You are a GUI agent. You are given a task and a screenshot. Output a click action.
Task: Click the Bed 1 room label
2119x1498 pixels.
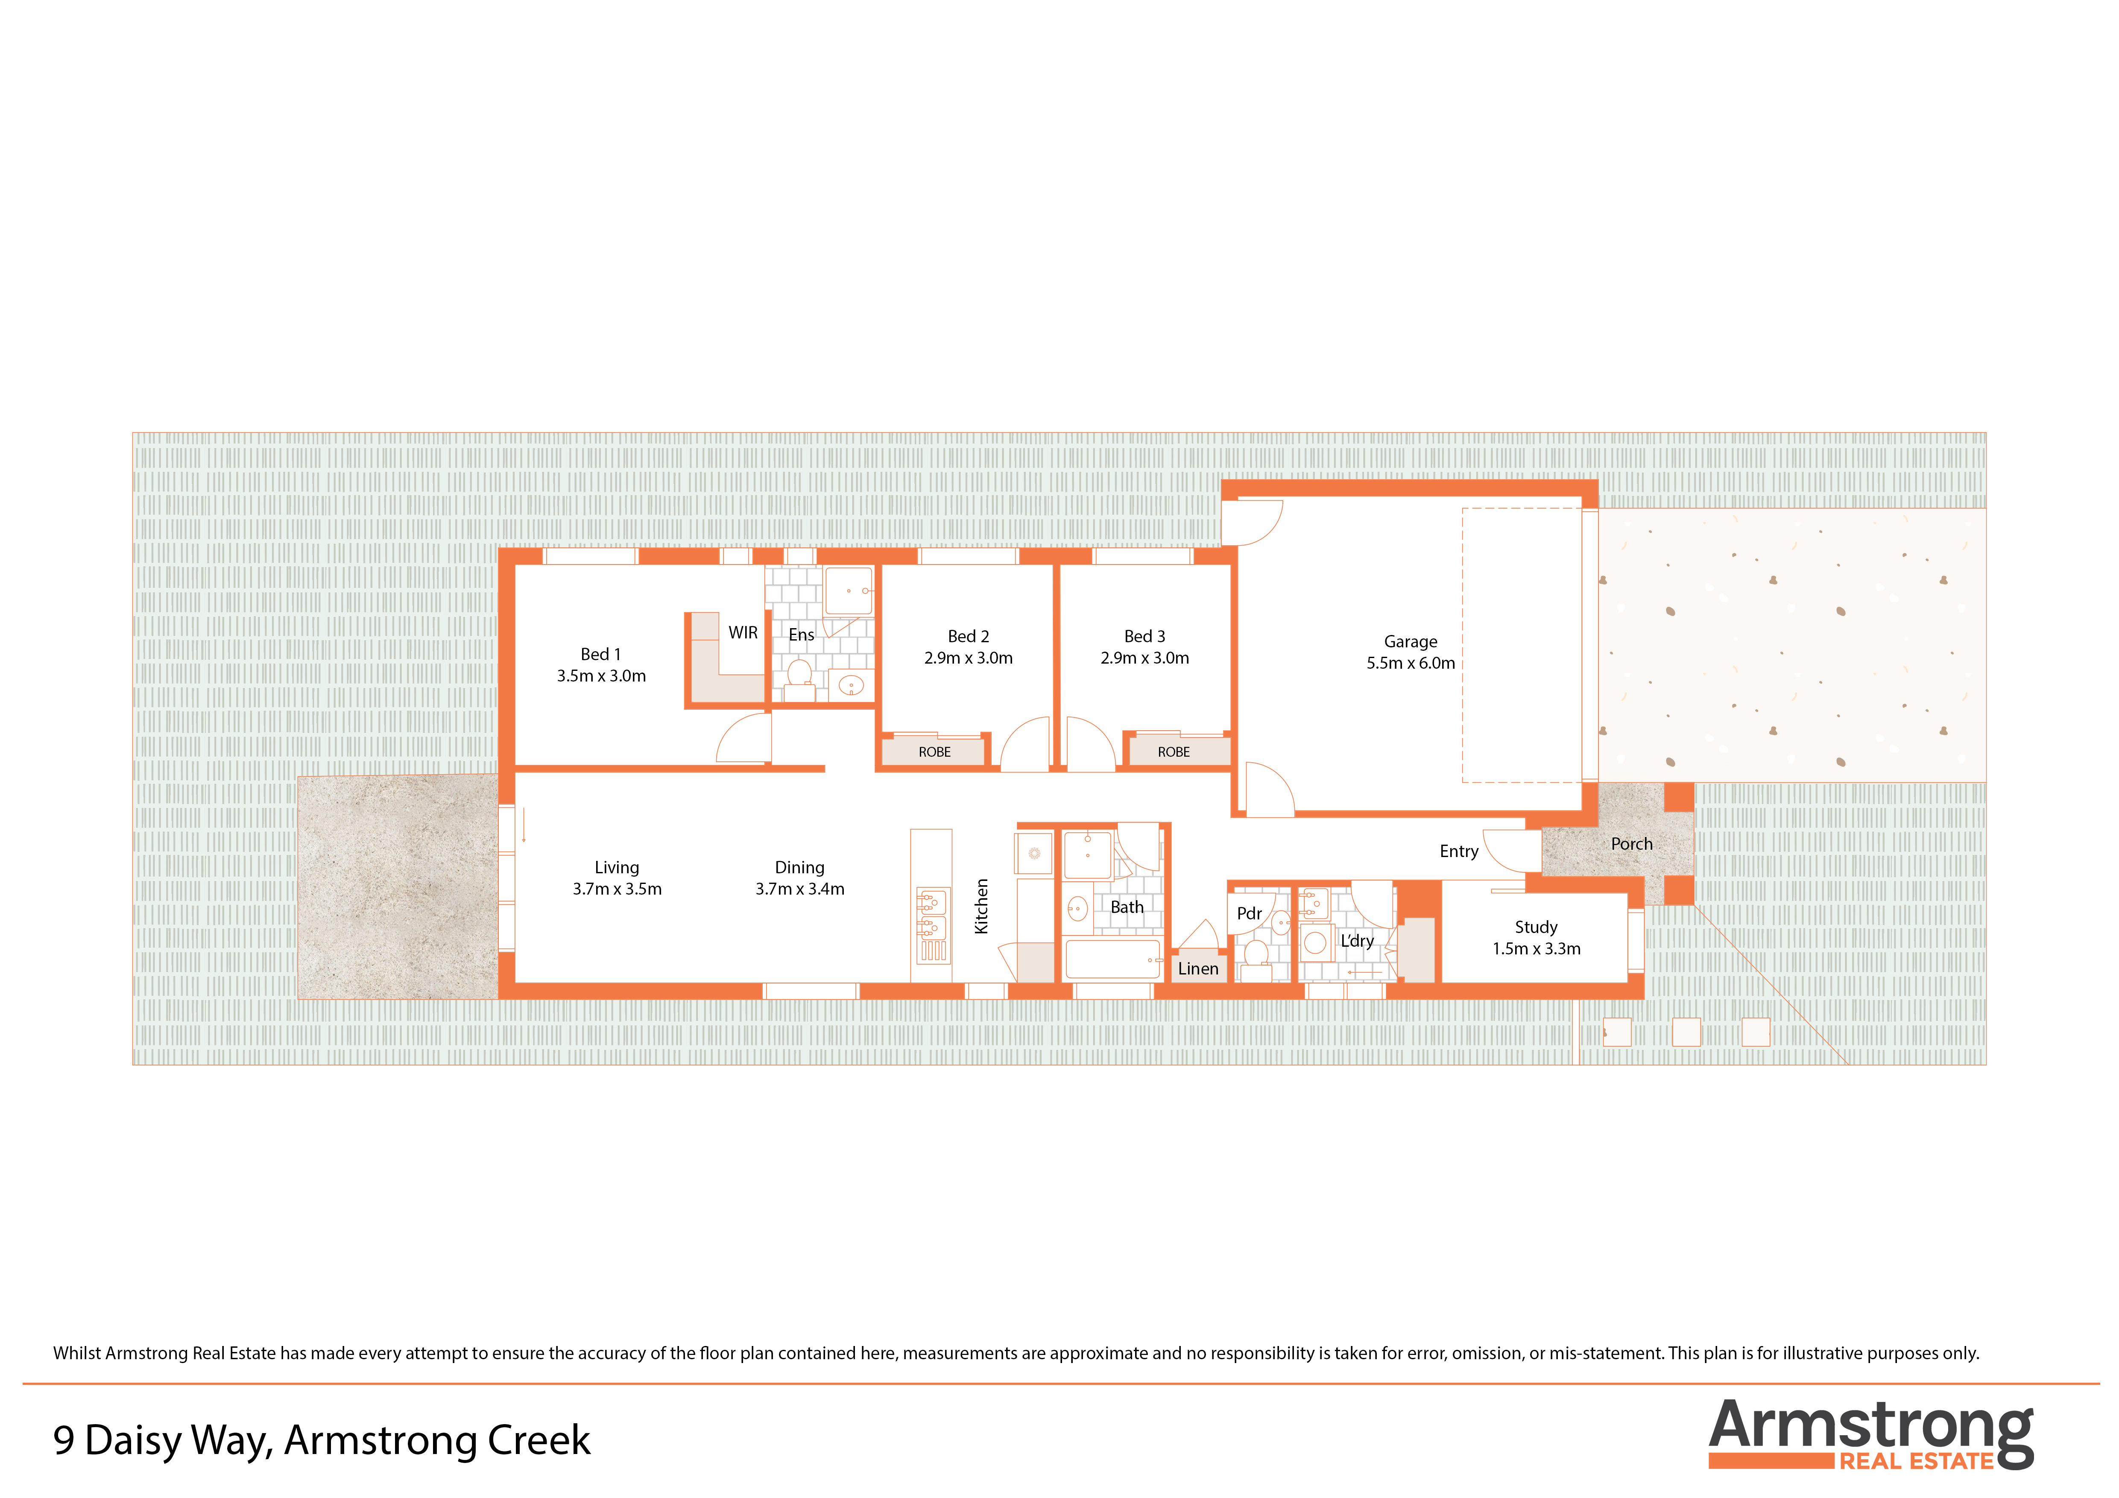[x=601, y=654]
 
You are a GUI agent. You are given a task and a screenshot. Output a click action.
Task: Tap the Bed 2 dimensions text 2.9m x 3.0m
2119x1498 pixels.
[x=968, y=658]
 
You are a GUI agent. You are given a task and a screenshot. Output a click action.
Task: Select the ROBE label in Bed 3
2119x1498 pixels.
[x=1174, y=752]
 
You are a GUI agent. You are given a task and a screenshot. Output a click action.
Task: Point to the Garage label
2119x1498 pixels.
[x=1410, y=641]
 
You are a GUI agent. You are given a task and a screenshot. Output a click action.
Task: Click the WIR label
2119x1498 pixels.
[x=743, y=633]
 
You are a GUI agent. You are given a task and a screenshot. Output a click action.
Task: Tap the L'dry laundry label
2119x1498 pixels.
[x=1357, y=940]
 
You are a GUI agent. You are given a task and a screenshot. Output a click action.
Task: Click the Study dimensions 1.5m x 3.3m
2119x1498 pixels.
[x=1537, y=949]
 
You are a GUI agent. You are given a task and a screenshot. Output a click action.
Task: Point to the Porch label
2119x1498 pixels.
[x=1632, y=844]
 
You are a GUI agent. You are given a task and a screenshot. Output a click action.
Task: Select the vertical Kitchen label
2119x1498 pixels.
[x=982, y=907]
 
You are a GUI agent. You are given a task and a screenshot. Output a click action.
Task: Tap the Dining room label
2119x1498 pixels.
[x=799, y=868]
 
